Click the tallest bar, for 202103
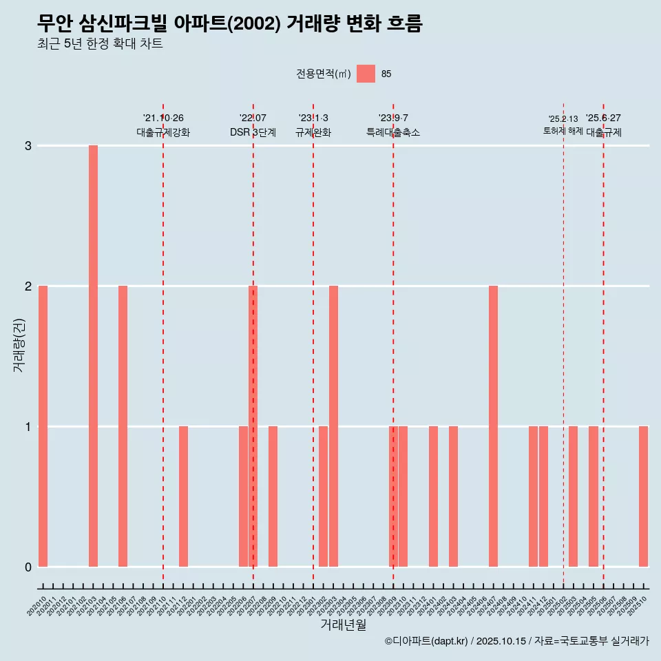[x=93, y=356]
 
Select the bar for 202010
[x=43, y=426]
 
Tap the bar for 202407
[x=493, y=426]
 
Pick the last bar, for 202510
[x=643, y=496]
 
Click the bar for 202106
[x=123, y=426]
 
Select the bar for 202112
[x=183, y=496]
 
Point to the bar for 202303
[x=333, y=426]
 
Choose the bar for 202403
[x=453, y=496]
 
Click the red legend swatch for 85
[x=366, y=74]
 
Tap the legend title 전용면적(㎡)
[x=323, y=74]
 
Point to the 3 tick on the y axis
[x=28, y=146]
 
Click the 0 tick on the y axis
[x=28, y=567]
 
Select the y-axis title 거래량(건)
[x=19, y=345]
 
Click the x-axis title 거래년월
[x=343, y=625]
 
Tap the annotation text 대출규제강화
[x=163, y=132]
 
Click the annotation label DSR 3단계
[x=253, y=132]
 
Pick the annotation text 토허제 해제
[x=563, y=131]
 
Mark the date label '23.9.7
[x=393, y=118]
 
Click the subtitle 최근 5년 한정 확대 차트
[x=100, y=44]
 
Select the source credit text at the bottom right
[x=516, y=641]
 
